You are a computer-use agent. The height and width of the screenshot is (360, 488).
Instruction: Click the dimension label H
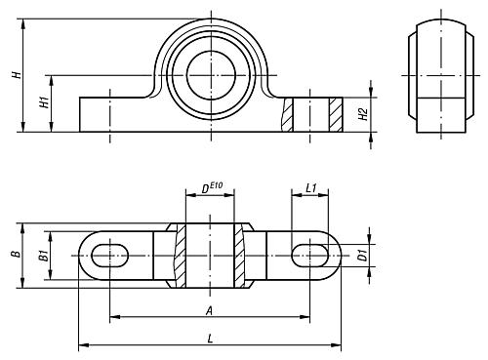tap(17, 74)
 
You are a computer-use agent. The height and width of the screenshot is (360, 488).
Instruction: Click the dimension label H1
tap(44, 102)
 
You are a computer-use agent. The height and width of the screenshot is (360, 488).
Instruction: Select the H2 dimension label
tap(363, 114)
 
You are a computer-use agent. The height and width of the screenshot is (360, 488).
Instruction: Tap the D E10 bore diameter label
tap(212, 188)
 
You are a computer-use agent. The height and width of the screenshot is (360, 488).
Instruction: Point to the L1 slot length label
tap(311, 188)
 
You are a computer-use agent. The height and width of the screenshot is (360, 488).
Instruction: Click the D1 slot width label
tap(362, 256)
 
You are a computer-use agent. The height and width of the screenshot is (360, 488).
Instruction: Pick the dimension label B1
tap(44, 256)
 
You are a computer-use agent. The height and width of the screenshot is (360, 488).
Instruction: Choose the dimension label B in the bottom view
tap(16, 254)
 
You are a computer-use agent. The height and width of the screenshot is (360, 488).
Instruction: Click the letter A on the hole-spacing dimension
tap(210, 311)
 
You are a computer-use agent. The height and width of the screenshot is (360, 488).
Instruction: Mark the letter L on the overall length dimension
tap(210, 340)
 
